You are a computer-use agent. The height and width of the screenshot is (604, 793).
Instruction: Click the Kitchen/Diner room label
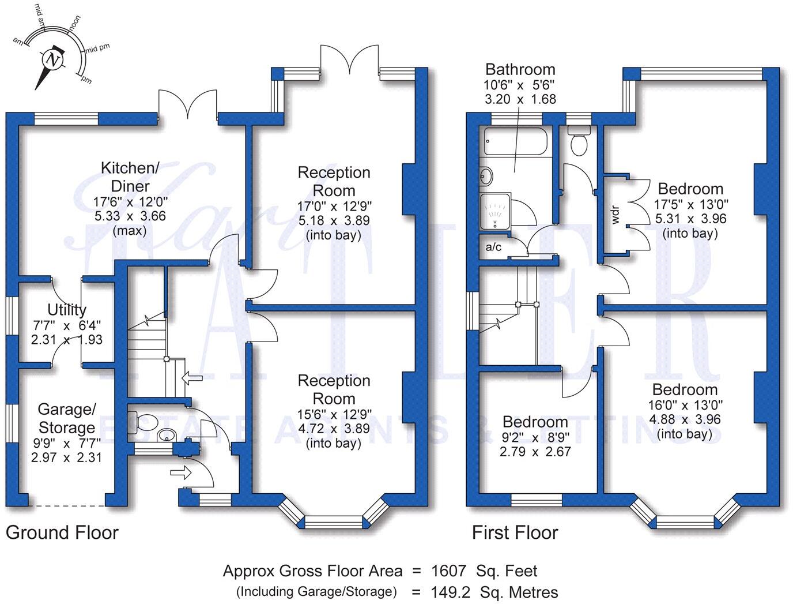click(130, 177)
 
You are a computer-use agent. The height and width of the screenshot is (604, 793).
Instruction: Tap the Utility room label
click(67, 309)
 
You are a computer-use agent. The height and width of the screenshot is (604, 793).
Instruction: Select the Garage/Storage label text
click(66, 418)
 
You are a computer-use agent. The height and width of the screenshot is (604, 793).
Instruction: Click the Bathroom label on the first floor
click(520, 70)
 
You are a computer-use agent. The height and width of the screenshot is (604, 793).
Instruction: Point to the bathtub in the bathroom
click(514, 141)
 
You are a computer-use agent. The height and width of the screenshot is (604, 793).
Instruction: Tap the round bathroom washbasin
click(486, 176)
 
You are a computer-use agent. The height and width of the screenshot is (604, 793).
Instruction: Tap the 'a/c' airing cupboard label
click(494, 247)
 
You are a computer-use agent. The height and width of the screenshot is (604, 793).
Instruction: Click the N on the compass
click(53, 59)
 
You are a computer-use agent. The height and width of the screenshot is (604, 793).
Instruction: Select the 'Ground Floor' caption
click(62, 532)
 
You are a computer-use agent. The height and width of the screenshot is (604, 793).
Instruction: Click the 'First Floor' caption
click(515, 532)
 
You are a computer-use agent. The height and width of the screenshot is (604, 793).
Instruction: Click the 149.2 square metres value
click(450, 592)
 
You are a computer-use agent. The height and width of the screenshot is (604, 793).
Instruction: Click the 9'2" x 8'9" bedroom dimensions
click(535, 437)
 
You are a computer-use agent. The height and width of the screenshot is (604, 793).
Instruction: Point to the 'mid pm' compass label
click(97, 48)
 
